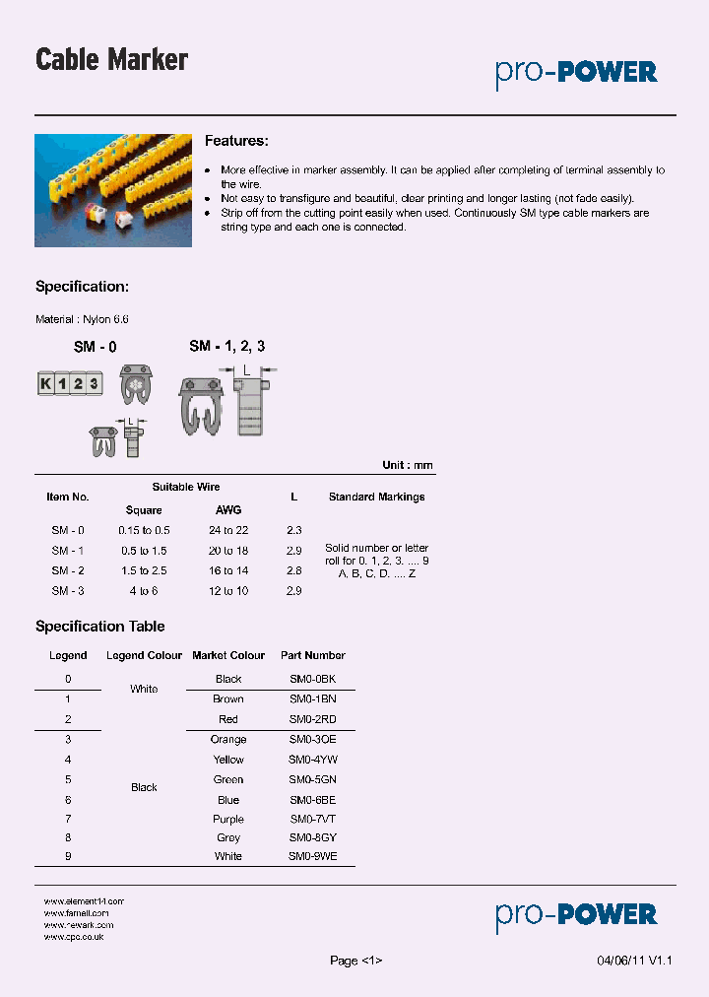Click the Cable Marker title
[x=111, y=60]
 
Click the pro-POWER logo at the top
[x=576, y=72]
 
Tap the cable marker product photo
[x=113, y=190]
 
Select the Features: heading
[x=236, y=142]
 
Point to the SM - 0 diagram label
[x=96, y=347]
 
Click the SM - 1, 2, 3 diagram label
[x=227, y=346]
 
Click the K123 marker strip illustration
[x=70, y=384]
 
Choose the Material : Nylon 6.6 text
[x=82, y=320]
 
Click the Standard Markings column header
[x=376, y=498]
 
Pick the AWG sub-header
[x=227, y=510]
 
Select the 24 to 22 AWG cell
[x=227, y=531]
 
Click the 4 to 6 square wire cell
[x=144, y=591]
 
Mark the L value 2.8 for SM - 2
[x=293, y=570]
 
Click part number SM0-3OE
[x=312, y=740]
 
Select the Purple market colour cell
[x=228, y=820]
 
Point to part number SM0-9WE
[x=312, y=857]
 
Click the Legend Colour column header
[x=144, y=656]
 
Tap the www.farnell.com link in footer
[x=77, y=913]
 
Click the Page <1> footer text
[x=355, y=962]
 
